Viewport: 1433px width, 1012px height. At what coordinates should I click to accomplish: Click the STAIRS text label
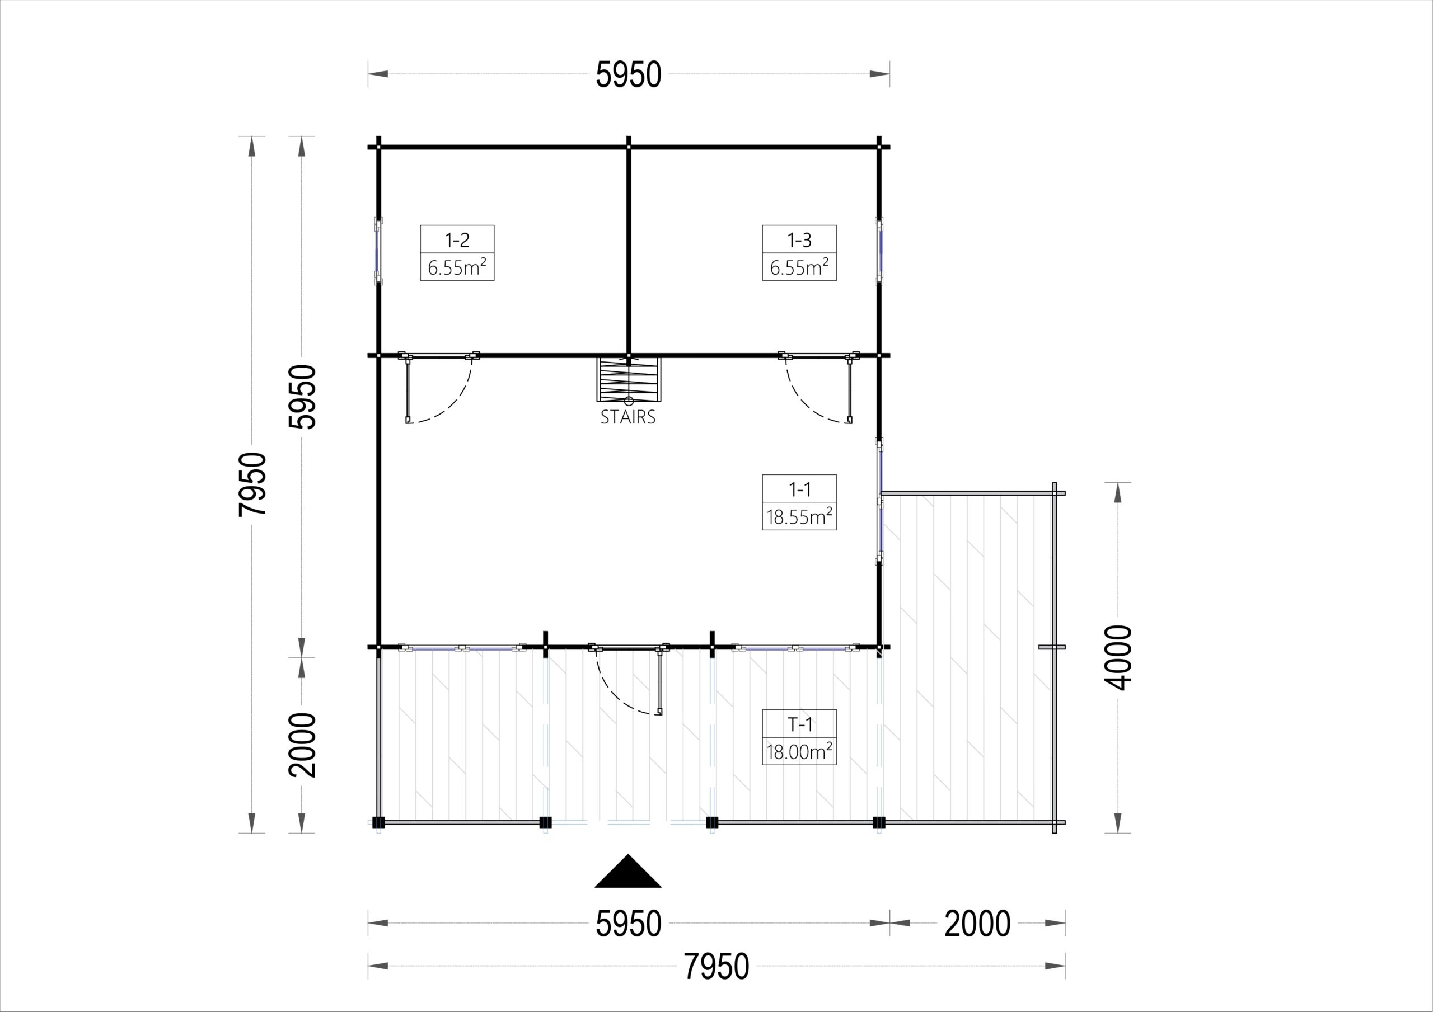tap(628, 417)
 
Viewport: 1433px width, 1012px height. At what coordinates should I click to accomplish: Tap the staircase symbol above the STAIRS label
tap(628, 379)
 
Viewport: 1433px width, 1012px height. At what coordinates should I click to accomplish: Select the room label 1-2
tap(457, 239)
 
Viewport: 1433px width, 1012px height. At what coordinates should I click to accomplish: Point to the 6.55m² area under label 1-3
tap(799, 267)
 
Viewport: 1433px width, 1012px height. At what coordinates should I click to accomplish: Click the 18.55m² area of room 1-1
tap(799, 516)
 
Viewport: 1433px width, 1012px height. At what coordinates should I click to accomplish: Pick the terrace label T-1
tap(799, 724)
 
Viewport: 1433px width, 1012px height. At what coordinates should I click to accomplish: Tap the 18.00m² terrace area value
tap(799, 752)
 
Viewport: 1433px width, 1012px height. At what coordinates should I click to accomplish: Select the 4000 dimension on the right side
tap(1117, 658)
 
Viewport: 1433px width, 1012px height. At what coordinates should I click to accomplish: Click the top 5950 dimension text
tap(629, 75)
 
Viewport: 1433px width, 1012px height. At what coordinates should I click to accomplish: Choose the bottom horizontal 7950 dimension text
tap(716, 967)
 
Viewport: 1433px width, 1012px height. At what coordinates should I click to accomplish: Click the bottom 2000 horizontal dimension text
tap(977, 924)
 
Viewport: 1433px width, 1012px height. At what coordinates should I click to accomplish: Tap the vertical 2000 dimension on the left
tap(302, 745)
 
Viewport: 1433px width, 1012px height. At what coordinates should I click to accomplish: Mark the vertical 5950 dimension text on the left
tap(302, 397)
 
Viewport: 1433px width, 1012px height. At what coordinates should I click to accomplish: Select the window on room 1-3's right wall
tap(879, 251)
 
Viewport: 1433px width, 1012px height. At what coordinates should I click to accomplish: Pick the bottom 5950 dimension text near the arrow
tap(629, 924)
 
